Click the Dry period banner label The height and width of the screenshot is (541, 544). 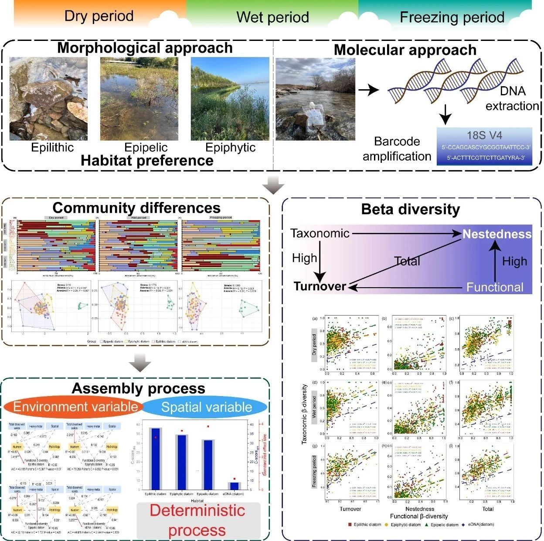tap(99, 16)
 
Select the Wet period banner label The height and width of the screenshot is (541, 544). tap(272, 17)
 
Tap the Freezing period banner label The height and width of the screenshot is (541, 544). tap(452, 17)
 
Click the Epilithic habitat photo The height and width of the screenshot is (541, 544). tap(48, 99)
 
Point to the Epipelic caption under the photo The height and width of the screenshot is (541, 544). tap(146, 148)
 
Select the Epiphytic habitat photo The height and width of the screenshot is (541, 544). tap(230, 99)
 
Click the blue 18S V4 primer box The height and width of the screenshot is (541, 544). tap(484, 146)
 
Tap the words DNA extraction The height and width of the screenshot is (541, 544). tap(512, 98)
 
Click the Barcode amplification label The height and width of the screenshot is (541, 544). tap(397, 149)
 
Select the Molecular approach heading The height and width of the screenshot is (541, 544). tap(405, 50)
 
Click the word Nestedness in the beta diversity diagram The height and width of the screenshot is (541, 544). tap(497, 234)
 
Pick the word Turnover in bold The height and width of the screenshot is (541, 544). tap(320, 286)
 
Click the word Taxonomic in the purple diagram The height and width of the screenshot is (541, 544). tap(320, 233)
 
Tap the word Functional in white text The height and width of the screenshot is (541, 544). tap(495, 287)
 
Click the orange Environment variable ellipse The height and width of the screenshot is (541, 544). tap(75, 407)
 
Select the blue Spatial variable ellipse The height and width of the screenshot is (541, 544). tap(206, 407)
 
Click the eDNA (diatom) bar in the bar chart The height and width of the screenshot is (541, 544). tap(234, 485)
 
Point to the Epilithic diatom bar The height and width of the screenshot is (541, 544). tap(156, 459)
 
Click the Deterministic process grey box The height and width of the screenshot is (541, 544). tap(198, 520)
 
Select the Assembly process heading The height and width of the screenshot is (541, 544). tap(138, 388)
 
